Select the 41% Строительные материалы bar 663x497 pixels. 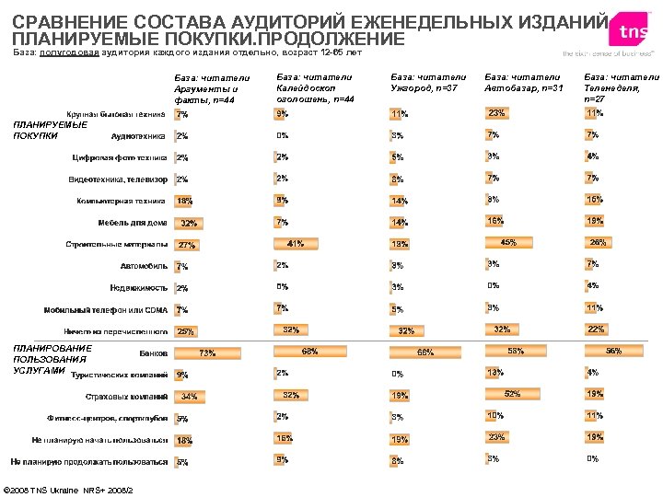coord(295,245)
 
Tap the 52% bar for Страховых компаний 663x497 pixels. coord(512,395)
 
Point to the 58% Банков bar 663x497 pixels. coord(516,351)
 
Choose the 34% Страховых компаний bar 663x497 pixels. coord(188,398)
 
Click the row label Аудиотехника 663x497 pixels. coord(138,136)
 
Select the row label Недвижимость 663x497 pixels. coord(138,288)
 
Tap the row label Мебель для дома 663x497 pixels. coord(133,223)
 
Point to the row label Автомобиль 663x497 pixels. coord(144,266)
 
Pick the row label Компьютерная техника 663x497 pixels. coord(121,201)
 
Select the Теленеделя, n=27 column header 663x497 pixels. coord(621,87)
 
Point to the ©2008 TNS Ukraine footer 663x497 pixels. coord(69,489)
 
